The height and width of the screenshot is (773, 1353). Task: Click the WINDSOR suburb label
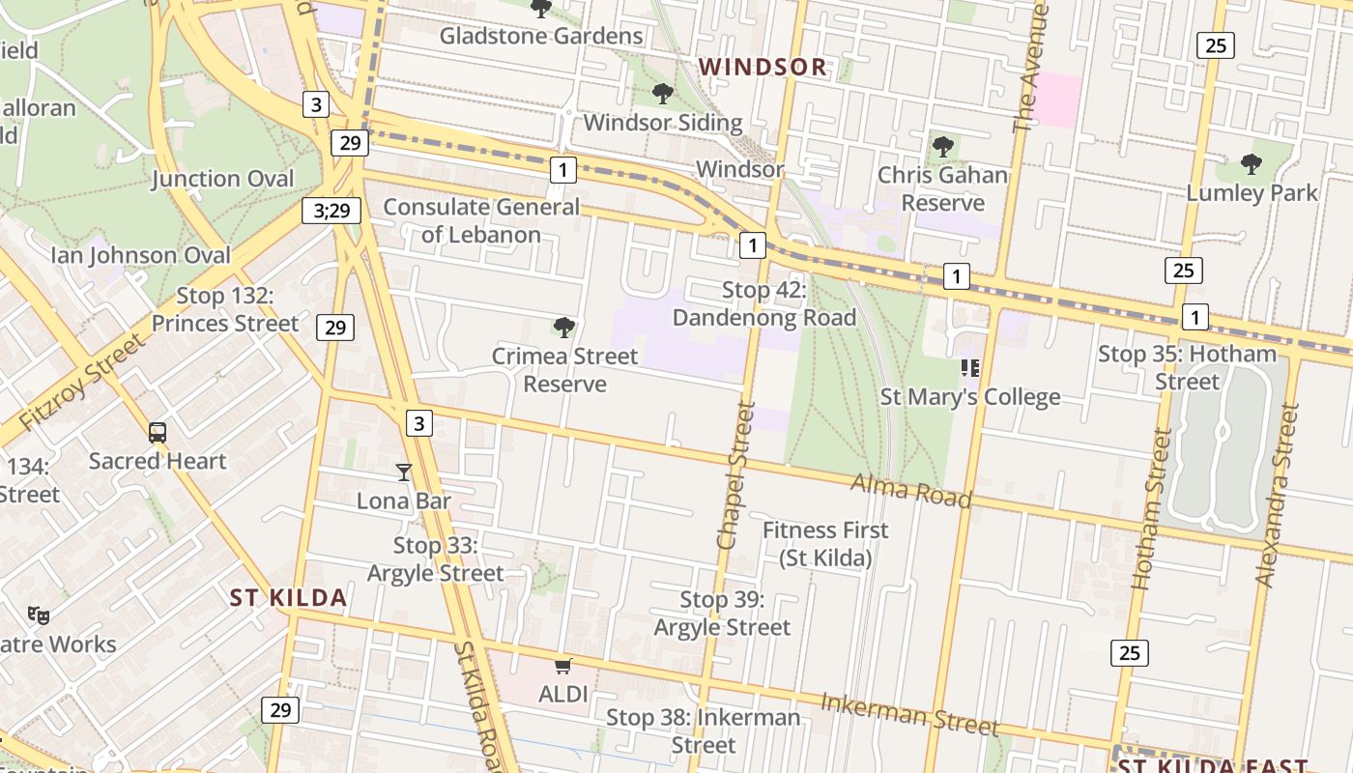[x=763, y=67]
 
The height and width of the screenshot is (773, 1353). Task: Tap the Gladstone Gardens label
[x=541, y=37]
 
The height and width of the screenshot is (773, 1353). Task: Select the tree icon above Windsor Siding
[x=662, y=94]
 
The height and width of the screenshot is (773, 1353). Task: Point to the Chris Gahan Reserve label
[x=942, y=189]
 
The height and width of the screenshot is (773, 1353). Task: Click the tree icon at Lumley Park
[x=1252, y=164]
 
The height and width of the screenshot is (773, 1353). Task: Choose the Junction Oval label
[x=222, y=179]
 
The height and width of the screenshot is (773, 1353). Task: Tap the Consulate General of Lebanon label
[x=481, y=220]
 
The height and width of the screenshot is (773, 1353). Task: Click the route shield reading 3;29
[x=331, y=210]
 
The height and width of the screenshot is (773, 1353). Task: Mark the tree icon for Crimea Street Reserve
[x=564, y=328]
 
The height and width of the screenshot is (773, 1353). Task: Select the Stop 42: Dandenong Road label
[x=764, y=303]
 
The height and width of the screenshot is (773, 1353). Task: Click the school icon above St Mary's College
[x=969, y=367]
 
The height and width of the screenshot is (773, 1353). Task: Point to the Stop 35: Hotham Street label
[x=1187, y=367]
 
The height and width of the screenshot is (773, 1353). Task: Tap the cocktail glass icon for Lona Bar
[x=404, y=472]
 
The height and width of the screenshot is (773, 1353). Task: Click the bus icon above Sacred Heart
[x=158, y=433]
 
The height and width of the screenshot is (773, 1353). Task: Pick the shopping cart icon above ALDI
[x=563, y=666]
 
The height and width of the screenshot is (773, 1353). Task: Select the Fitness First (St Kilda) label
[x=825, y=544]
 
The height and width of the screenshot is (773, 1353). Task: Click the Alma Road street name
[x=910, y=491]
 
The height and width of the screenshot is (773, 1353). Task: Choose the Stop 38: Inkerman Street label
[x=704, y=730]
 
